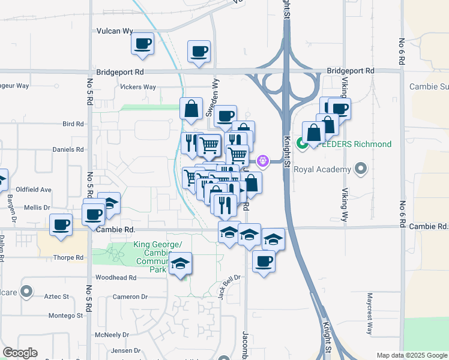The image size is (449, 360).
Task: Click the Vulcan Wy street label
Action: pyautogui.click(x=115, y=30)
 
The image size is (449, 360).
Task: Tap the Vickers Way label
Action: pyautogui.click(x=138, y=87)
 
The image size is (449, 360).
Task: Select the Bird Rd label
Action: pyautogui.click(x=73, y=124)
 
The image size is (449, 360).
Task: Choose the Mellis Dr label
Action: pyautogui.click(x=37, y=207)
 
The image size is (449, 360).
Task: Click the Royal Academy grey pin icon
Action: pyautogui.click(x=360, y=169)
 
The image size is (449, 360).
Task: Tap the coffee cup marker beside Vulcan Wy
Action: pyautogui.click(x=143, y=44)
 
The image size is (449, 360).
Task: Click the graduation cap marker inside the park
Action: pyautogui.click(x=180, y=264)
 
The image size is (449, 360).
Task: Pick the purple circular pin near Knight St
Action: pyautogui.click(x=263, y=161)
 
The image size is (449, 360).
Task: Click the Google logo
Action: pyautogui.click(x=20, y=353)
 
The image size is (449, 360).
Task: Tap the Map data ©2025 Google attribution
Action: pyautogui.click(x=411, y=355)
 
